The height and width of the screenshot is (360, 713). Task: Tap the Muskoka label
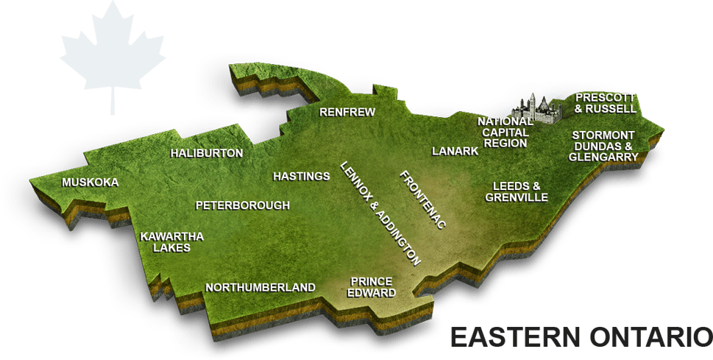pos(90,183)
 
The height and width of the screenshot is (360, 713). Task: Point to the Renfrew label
pos(347,113)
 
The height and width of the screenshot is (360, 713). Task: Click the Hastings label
pos(301,177)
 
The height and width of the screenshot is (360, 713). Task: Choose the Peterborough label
pos(242,205)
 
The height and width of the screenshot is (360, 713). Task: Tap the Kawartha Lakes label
pos(171,242)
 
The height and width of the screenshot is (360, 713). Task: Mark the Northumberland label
pos(260,288)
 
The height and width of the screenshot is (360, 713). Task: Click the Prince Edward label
pos(372,287)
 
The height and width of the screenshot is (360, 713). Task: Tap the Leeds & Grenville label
pos(517,192)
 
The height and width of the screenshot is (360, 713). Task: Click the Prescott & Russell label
pos(606,103)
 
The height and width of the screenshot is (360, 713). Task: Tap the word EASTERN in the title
pos(512,338)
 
